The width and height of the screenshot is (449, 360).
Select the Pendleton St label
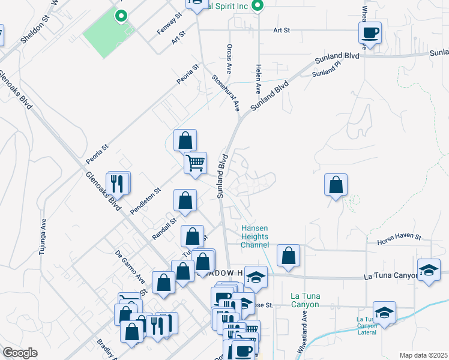click(x=146, y=200)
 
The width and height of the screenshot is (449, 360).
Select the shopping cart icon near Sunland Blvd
click(x=195, y=163)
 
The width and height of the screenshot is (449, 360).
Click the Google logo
click(x=20, y=353)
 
